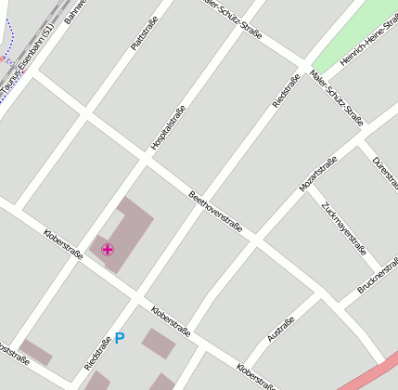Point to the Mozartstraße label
click(x=317, y=175)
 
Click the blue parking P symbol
click(x=119, y=339)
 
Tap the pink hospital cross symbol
click(x=108, y=249)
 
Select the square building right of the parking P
click(x=159, y=344)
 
